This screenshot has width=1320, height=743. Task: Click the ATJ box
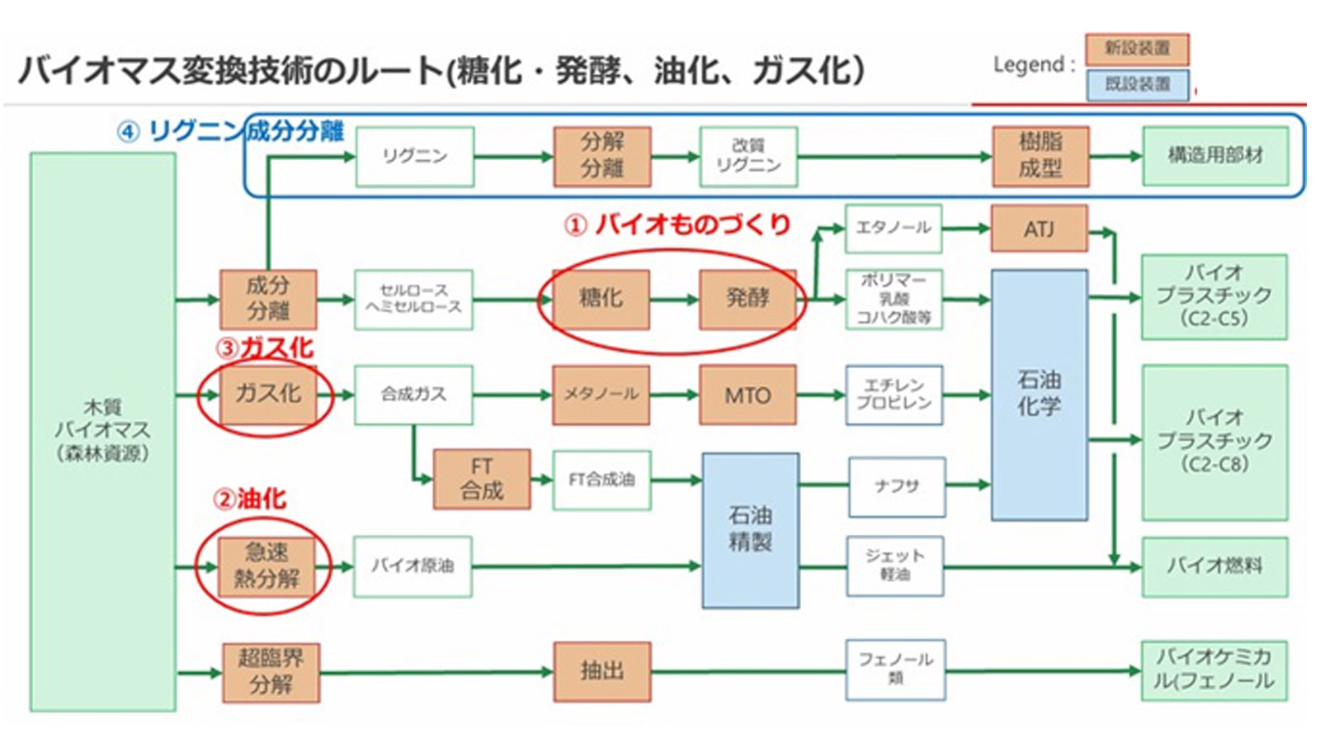[1039, 229]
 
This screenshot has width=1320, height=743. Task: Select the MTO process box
[747, 395]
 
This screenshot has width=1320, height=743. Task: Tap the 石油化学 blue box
[1039, 395]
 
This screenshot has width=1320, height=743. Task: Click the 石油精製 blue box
[750, 530]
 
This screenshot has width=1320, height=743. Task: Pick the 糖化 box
[601, 299]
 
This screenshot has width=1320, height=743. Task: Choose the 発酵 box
[747, 299]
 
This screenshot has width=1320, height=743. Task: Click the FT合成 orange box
[482, 479]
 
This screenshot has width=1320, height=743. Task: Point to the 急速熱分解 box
[266, 566]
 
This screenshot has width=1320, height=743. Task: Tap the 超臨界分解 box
[271, 672]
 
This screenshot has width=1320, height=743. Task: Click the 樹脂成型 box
[1039, 156]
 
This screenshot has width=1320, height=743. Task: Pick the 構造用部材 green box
[1214, 156]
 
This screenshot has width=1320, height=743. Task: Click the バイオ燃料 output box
[1214, 567]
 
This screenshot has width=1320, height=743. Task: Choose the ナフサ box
[896, 487]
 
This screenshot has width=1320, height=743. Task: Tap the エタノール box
[893, 229]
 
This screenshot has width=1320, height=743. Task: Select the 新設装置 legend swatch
[1137, 50]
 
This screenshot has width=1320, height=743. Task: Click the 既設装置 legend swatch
[1137, 85]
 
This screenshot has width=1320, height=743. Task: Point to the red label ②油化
[250, 499]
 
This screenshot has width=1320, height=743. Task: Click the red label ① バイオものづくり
[677, 225]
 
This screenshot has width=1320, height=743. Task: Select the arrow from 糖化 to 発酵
[674, 300]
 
